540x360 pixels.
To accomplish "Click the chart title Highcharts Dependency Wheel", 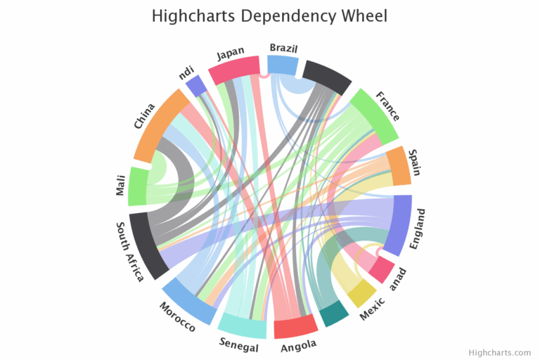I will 269,15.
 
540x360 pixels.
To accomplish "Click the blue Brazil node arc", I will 283,65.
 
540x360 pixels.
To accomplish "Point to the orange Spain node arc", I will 399,166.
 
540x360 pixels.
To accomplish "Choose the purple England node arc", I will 401,224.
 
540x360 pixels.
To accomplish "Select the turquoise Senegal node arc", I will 242,325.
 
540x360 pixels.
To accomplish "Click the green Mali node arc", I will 138,186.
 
